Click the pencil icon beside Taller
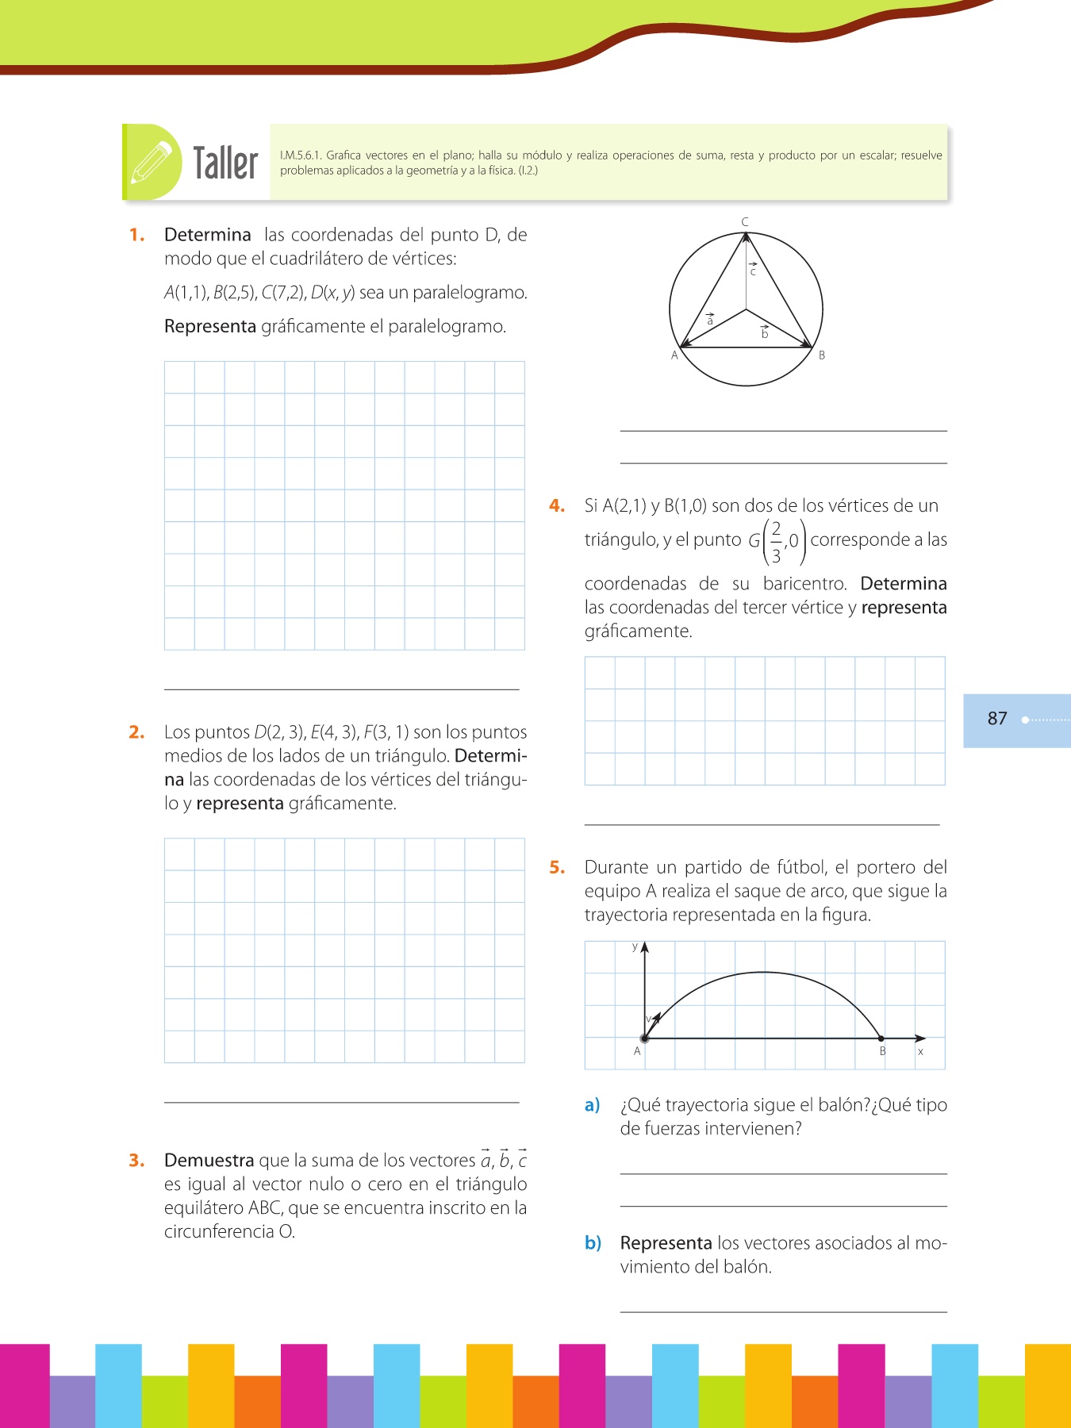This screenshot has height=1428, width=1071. tap(152, 162)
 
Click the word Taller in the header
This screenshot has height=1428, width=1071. tap(226, 163)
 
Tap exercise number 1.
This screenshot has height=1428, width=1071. tap(137, 235)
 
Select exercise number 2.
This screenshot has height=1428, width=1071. tap(136, 732)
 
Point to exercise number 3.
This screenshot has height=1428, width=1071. tap(136, 1161)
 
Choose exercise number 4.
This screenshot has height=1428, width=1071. tap(557, 506)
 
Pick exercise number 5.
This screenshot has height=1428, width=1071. tap(557, 868)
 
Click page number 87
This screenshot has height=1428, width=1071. tap(997, 719)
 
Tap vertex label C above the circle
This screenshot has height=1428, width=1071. tap(745, 222)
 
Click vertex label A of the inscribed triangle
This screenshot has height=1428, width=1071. tap(675, 355)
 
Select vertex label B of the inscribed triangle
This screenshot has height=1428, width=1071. tap(822, 355)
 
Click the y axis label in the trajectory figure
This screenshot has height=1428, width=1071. tap(635, 946)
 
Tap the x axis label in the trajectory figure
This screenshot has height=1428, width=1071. tap(920, 1052)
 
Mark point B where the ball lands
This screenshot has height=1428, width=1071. tap(881, 1038)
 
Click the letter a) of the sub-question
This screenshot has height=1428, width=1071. tap(592, 1105)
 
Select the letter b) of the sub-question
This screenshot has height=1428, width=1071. tap(593, 1243)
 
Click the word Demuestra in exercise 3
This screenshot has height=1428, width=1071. tap(209, 1161)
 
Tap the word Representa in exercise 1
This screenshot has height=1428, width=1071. tap(209, 327)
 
